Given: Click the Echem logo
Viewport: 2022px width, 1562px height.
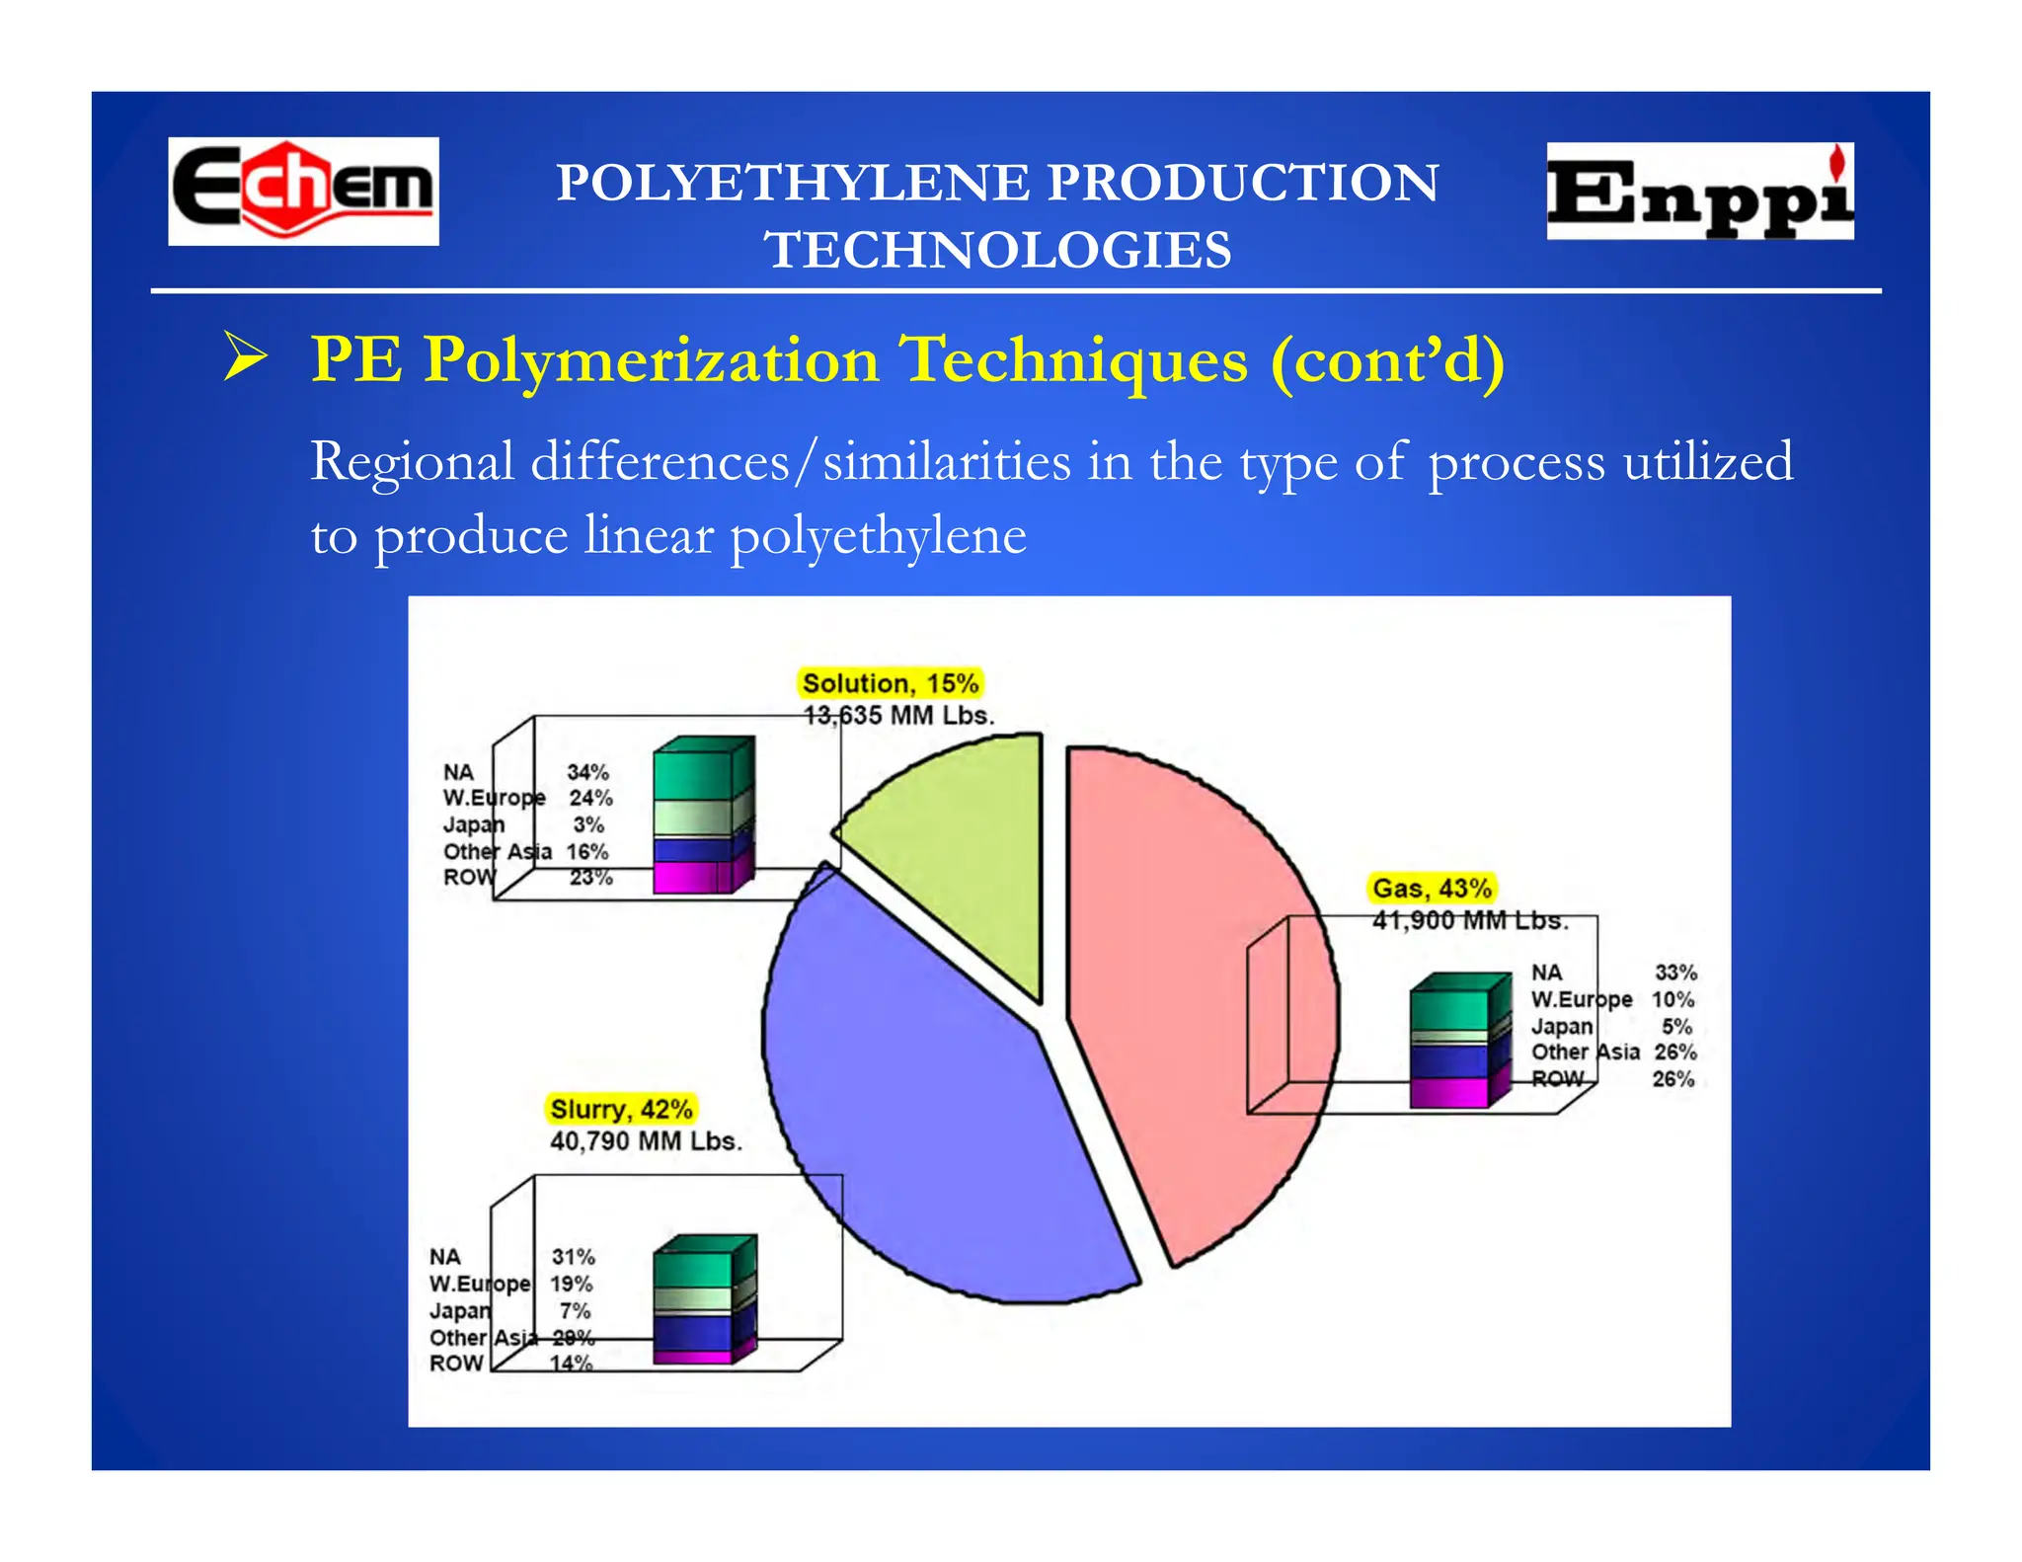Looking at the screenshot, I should [303, 191].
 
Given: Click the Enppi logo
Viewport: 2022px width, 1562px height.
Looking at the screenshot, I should [1699, 192].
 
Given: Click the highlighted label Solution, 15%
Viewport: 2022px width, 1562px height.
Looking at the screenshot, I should [890, 683].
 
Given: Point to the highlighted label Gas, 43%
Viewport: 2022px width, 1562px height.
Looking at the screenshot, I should [1432, 889].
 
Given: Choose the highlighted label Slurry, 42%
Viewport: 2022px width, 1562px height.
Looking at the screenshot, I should [621, 1109].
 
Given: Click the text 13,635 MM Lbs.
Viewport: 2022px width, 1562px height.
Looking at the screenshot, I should [897, 716].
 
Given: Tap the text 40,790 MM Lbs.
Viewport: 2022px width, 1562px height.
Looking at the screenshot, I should [646, 1141].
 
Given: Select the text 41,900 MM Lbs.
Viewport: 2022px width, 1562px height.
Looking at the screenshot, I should [1469, 920].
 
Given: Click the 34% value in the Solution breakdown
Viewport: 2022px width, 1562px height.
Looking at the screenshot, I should [587, 772].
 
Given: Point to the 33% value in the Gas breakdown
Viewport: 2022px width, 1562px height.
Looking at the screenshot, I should [1675, 973].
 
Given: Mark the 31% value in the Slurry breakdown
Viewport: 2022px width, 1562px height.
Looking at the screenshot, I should [573, 1257].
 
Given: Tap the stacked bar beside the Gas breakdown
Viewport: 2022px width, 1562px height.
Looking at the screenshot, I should [1459, 1041].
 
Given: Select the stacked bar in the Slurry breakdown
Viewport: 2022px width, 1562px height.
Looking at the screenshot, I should [703, 1300].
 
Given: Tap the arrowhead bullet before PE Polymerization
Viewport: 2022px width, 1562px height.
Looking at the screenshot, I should [245, 357].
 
